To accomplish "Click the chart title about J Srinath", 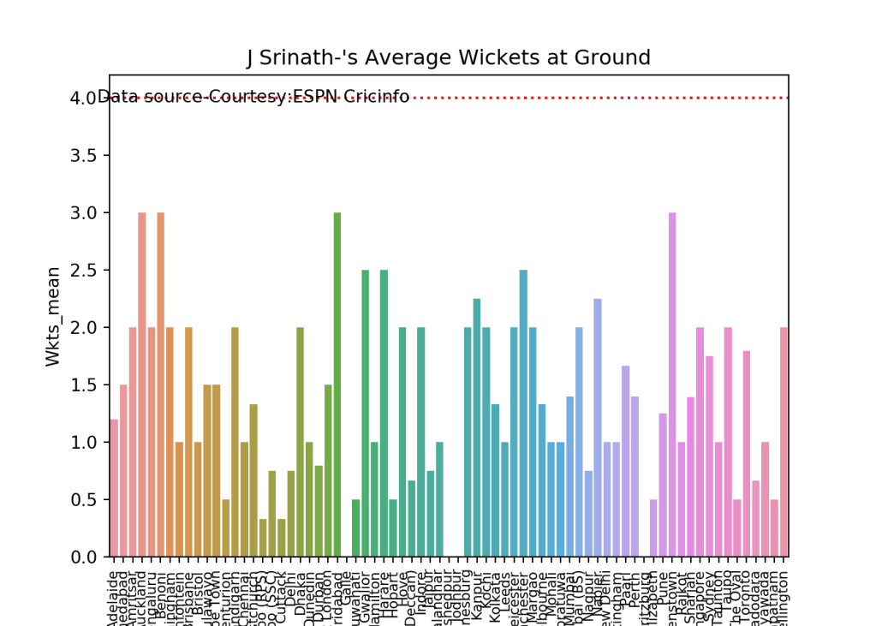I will [x=449, y=58].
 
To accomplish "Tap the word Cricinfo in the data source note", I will [x=377, y=97].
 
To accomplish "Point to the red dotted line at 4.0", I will [x=599, y=98].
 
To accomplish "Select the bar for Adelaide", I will [x=114, y=488].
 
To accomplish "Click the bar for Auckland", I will [x=142, y=385].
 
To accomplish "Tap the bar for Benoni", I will [x=160, y=385].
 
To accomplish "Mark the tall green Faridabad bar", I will [x=337, y=385].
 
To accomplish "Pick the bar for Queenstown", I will [x=672, y=385].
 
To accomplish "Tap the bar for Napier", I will [x=598, y=427].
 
